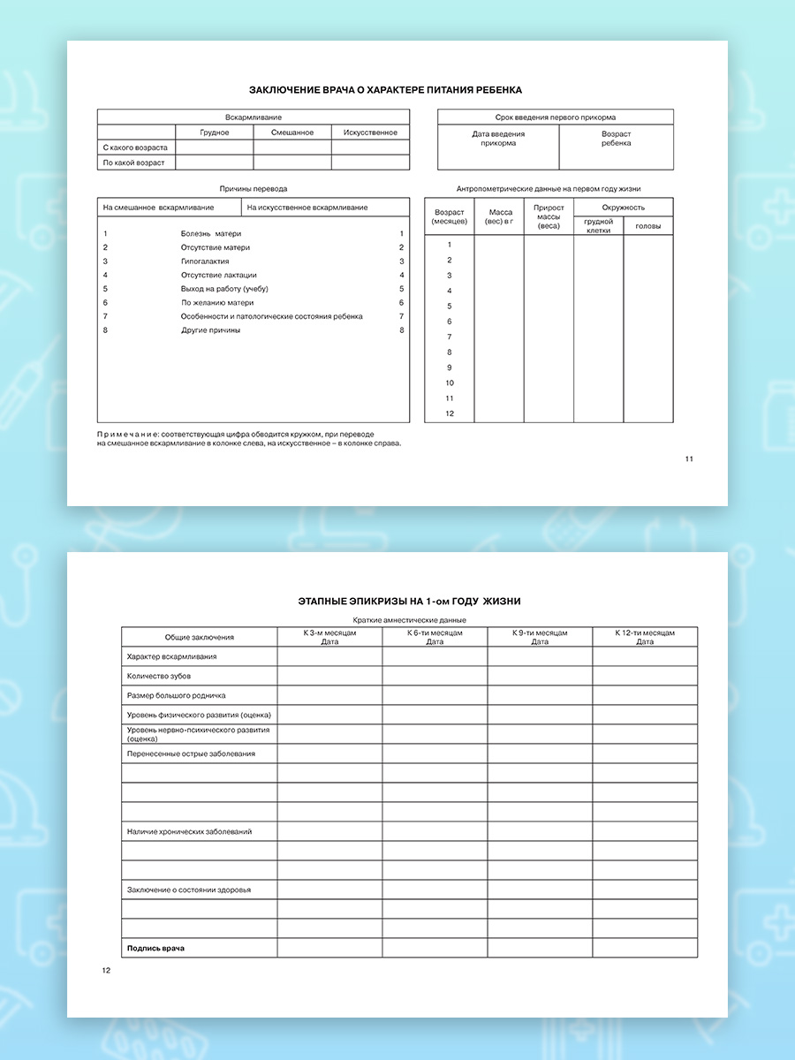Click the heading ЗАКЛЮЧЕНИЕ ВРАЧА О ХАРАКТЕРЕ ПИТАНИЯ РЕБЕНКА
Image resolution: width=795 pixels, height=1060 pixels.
tap(385, 90)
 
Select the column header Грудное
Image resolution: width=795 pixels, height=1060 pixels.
tap(215, 132)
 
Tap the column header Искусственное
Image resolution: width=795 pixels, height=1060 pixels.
tap(370, 132)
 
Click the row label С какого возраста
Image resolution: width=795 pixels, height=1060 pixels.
tap(135, 148)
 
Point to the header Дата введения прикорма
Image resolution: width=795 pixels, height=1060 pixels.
tap(498, 139)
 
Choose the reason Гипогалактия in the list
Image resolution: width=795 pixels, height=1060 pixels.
tap(205, 261)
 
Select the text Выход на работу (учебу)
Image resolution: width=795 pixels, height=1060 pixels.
tap(224, 289)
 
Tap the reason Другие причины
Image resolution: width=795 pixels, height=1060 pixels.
tap(210, 330)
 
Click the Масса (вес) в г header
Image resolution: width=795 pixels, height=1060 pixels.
tap(500, 216)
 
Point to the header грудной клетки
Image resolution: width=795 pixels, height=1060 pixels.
tap(598, 226)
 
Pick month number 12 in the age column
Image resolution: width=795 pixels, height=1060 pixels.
tap(450, 414)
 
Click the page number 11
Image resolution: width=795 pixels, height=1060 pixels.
tap(689, 458)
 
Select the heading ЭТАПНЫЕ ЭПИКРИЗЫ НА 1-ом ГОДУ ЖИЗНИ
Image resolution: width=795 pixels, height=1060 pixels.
tap(410, 602)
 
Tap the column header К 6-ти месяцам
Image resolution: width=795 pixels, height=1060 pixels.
tap(435, 637)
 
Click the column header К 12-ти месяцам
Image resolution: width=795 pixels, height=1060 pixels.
tap(645, 637)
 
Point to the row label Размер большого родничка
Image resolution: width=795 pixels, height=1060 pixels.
tap(177, 695)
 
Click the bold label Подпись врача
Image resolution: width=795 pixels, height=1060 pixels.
tap(155, 948)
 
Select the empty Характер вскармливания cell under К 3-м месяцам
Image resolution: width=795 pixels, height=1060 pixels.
tap(329, 656)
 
